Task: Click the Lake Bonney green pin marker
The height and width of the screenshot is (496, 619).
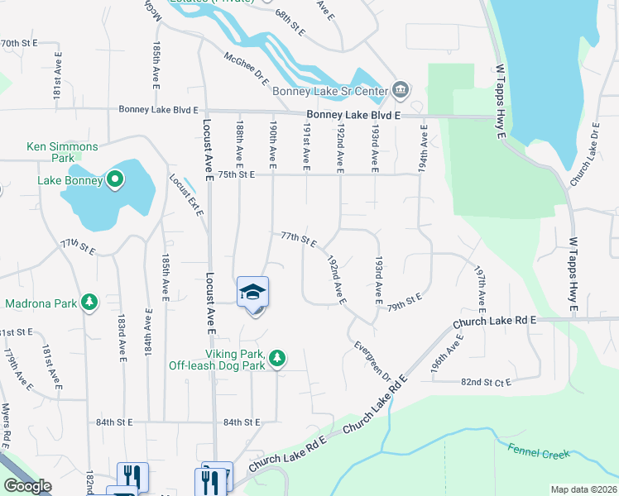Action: point(115,179)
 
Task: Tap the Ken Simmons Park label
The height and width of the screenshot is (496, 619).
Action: point(62,152)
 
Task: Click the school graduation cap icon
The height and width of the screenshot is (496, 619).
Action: point(253,291)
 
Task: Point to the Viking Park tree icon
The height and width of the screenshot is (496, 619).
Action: point(279,358)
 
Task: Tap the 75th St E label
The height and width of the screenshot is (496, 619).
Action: point(237,174)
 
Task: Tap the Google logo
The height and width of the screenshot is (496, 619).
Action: point(27,486)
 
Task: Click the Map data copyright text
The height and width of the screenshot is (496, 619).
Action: point(584,489)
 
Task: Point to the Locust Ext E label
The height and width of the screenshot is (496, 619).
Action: point(187,195)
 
